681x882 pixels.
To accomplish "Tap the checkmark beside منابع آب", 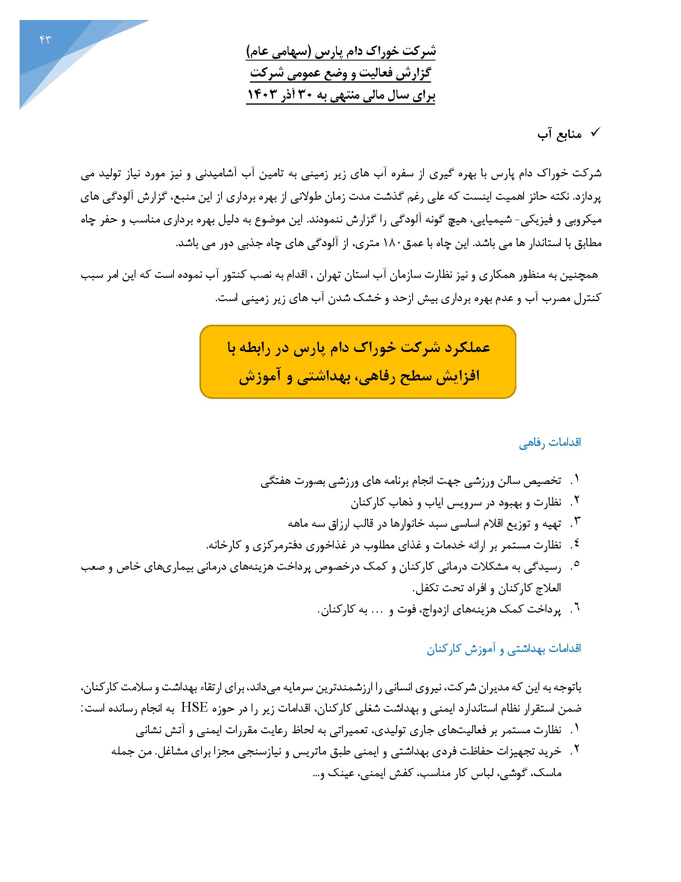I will click(595, 134).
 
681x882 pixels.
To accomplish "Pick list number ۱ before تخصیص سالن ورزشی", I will click(576, 480).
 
